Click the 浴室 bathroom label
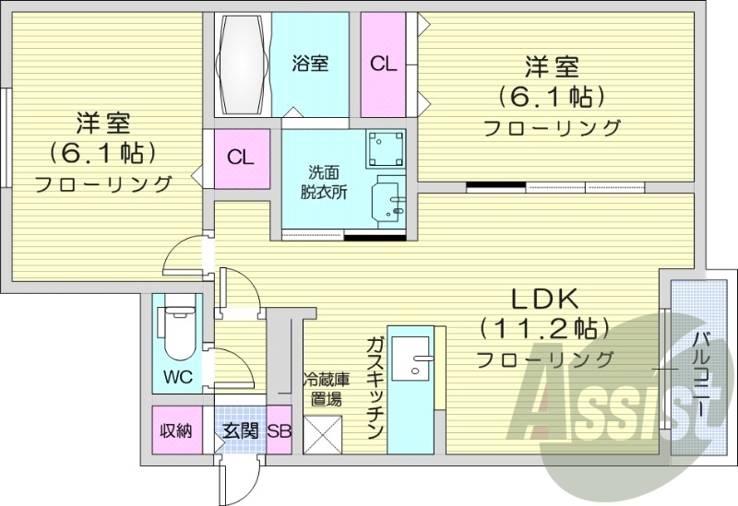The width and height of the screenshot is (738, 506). (x=310, y=64)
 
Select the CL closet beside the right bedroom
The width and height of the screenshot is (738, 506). (x=383, y=64)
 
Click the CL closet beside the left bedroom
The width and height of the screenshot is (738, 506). (x=241, y=158)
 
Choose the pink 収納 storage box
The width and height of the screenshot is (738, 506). (x=175, y=430)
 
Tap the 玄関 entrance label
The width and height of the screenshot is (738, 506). (x=239, y=430)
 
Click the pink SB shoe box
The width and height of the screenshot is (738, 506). (x=280, y=430)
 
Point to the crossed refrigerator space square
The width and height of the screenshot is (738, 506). (x=323, y=434)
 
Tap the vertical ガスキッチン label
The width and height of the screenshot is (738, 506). (x=374, y=388)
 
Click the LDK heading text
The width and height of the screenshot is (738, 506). (x=545, y=298)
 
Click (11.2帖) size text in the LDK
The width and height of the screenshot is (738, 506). (x=544, y=327)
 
